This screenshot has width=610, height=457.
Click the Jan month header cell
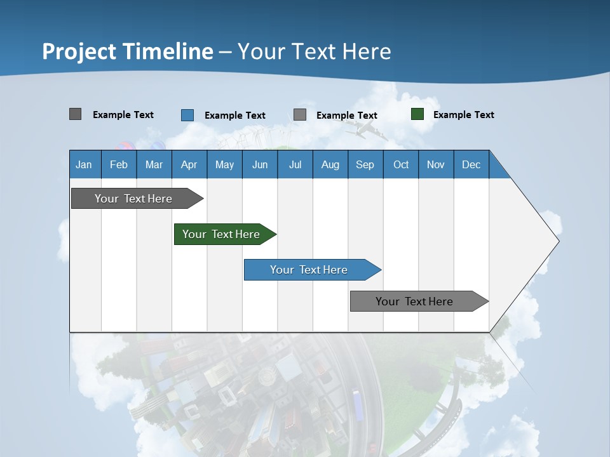(x=85, y=164)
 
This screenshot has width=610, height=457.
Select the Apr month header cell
(x=189, y=164)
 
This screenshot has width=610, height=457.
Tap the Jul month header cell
(x=295, y=164)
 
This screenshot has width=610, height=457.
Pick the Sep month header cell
(x=365, y=164)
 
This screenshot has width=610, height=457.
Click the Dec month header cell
(x=471, y=164)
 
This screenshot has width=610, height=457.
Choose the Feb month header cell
(x=119, y=164)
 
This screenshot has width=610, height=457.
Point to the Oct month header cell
(x=401, y=164)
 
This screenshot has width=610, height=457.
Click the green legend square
(x=417, y=114)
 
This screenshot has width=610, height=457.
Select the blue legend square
(x=187, y=115)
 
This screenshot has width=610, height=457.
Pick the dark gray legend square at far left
(x=75, y=114)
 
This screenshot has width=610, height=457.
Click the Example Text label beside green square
(x=463, y=115)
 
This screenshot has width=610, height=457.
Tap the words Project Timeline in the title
(x=127, y=51)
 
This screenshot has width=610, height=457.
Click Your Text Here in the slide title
(x=314, y=51)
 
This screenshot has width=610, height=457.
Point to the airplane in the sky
(x=364, y=131)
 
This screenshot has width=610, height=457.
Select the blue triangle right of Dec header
(x=497, y=169)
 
